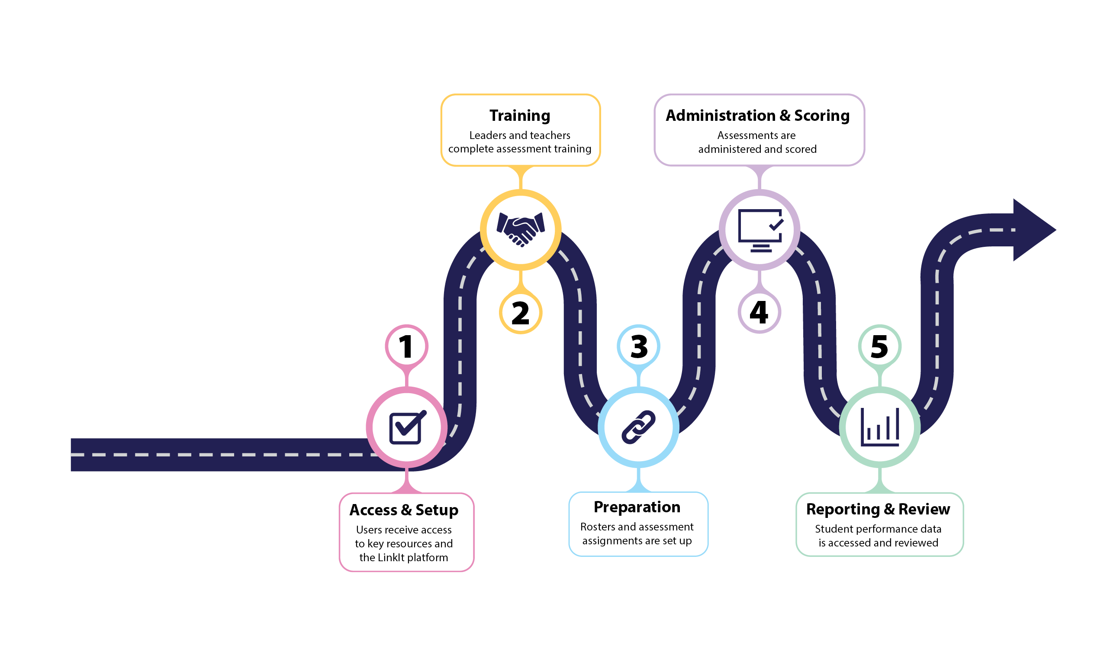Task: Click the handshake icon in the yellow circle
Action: pyautogui.click(x=520, y=230)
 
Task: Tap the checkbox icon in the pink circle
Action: pyautogui.click(x=406, y=427)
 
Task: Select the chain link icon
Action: pyautogui.click(x=638, y=427)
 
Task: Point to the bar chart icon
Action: pyautogui.click(x=879, y=427)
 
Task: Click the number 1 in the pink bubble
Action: pyautogui.click(x=406, y=346)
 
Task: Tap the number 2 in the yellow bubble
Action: pyautogui.click(x=520, y=313)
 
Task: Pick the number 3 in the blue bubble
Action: pyautogui.click(x=639, y=346)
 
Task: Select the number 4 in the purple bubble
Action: pyautogui.click(x=759, y=312)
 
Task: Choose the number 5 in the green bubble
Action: pyautogui.click(x=879, y=346)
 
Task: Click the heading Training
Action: pyautogui.click(x=519, y=116)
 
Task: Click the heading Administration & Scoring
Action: pyautogui.click(x=757, y=116)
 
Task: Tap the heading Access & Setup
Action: pyautogui.click(x=404, y=510)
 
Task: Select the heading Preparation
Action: pyautogui.click(x=637, y=507)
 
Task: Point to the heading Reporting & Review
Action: pyautogui.click(x=877, y=509)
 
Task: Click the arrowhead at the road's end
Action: pyautogui.click(x=1032, y=230)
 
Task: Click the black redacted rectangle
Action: pyautogui.click(x=200, y=216)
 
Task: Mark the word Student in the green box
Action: pyautogui.click(x=832, y=529)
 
